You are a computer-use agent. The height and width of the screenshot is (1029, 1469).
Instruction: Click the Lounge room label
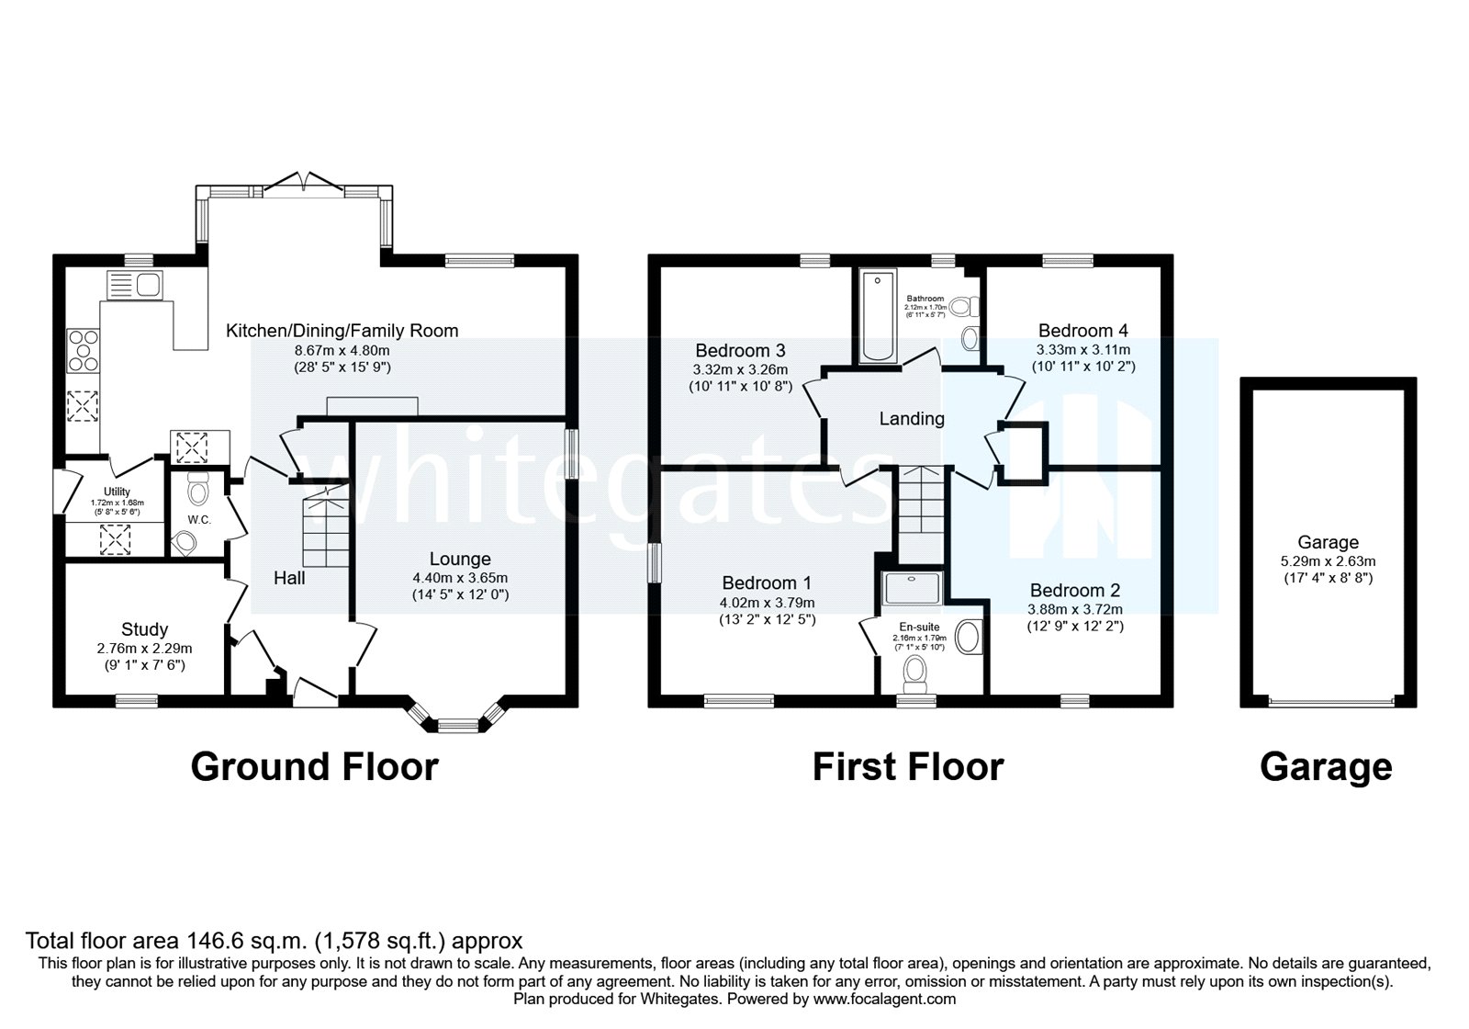460,559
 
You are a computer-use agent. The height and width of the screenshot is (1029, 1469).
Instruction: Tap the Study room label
144,629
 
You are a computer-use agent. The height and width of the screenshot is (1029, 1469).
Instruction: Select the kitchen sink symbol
134,284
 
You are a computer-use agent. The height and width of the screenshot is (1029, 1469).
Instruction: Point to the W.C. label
199,520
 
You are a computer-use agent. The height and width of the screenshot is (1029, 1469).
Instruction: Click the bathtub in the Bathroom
878,317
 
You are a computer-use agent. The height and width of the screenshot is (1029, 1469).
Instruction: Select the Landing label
912,419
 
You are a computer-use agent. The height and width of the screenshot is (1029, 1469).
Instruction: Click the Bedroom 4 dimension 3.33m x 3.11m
1083,350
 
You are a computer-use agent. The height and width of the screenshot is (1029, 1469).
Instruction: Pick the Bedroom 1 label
767,582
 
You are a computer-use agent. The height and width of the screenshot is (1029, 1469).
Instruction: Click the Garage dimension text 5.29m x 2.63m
1328,561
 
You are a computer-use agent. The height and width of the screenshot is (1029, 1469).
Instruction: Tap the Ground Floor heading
314,766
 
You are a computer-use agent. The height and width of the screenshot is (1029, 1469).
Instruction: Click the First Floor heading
908,766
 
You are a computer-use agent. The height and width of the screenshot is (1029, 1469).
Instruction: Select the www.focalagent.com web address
884,999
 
